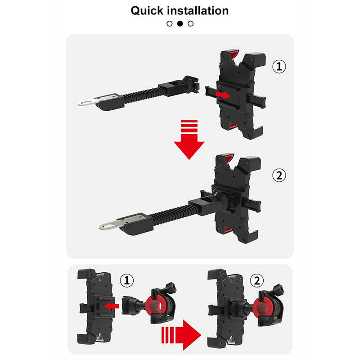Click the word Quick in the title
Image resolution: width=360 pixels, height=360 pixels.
click(x=147, y=11)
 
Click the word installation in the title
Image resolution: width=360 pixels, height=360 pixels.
click(x=198, y=10)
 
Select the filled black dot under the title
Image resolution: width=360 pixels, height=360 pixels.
click(x=180, y=23)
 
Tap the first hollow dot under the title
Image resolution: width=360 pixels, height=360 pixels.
click(x=170, y=23)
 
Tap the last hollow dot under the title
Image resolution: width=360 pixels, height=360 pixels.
click(x=190, y=23)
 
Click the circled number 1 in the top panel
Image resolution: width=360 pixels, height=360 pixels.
click(x=279, y=67)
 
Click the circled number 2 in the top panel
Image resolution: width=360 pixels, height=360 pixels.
click(x=279, y=175)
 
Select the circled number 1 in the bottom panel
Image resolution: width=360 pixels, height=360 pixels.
click(x=127, y=280)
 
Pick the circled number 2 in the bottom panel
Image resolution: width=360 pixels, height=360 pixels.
click(x=256, y=280)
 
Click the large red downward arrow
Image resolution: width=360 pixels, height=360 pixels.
click(x=189, y=139)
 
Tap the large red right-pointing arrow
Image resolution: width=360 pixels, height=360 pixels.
click(x=181, y=335)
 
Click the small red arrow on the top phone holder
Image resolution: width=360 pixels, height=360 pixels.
click(x=223, y=94)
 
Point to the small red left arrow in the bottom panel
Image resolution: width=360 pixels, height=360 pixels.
click(x=112, y=306)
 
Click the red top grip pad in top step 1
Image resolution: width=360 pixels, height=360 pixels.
click(x=232, y=54)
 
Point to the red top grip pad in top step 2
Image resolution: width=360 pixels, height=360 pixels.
click(x=228, y=158)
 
